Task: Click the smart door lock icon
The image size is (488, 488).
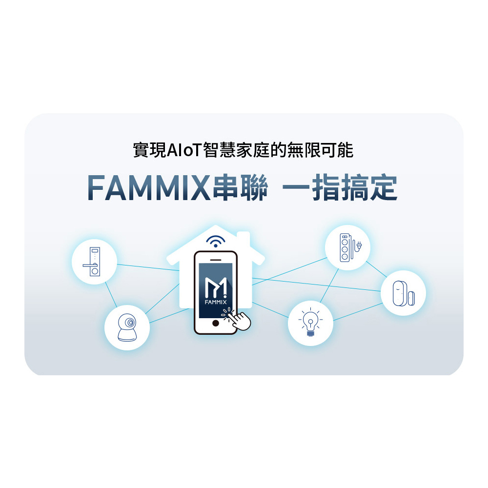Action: (94, 263)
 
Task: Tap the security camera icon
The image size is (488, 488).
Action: (127, 328)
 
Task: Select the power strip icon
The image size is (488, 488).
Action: (347, 248)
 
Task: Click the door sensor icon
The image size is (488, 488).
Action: (403, 293)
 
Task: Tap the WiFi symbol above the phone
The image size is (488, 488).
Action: (216, 241)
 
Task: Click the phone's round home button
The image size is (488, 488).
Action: (216, 324)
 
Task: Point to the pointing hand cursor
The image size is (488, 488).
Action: (239, 320)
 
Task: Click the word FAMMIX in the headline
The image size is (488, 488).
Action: (149, 188)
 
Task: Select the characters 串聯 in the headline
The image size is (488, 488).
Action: (240, 188)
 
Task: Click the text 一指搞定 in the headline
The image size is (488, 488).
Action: (340, 188)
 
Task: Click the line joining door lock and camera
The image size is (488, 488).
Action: (110, 295)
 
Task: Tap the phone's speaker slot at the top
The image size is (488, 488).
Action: (216, 258)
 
